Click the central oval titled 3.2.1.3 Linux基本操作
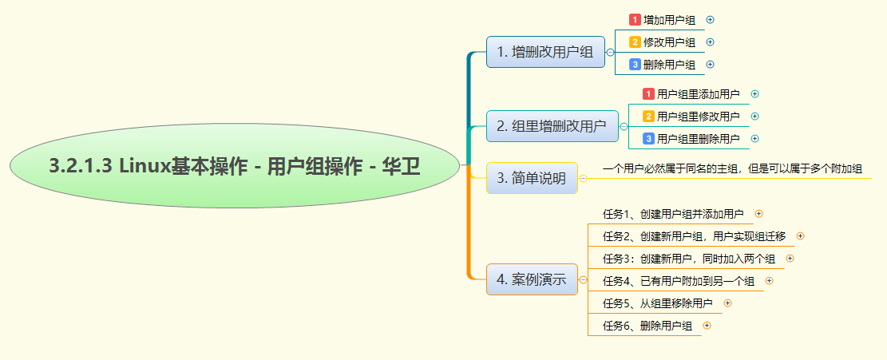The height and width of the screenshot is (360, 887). pos(235,166)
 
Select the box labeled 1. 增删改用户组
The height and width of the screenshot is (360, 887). pos(545,52)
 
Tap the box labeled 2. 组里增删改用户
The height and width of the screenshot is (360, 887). pos(552,125)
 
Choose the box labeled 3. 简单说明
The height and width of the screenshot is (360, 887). pos(532,178)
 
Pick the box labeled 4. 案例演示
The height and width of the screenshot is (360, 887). pos(532,279)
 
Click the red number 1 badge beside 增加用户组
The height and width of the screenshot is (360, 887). pos(635,19)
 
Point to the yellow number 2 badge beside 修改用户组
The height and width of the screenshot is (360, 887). pos(635,42)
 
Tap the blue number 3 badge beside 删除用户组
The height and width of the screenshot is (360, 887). pos(635,65)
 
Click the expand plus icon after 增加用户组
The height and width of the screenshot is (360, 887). pos(711,19)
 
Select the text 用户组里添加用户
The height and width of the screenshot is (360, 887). pos(698,94)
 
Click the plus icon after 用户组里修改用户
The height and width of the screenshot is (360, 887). pos(755,117)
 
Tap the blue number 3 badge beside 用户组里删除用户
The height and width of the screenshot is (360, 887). pos(648,139)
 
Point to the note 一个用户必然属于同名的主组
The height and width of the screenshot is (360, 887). pos(732,169)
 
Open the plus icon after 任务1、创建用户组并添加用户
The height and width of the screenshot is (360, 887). pos(759,213)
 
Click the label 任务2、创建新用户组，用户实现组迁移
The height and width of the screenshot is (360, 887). pos(694,235)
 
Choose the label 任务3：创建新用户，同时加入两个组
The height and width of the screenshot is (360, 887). pos(688,258)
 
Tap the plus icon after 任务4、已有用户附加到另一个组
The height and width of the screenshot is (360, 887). pos(770,280)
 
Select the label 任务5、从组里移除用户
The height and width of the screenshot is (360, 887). pos(657,303)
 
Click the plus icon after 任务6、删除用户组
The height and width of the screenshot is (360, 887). pos(707,326)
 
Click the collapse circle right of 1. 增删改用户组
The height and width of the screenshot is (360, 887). pos(611,52)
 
